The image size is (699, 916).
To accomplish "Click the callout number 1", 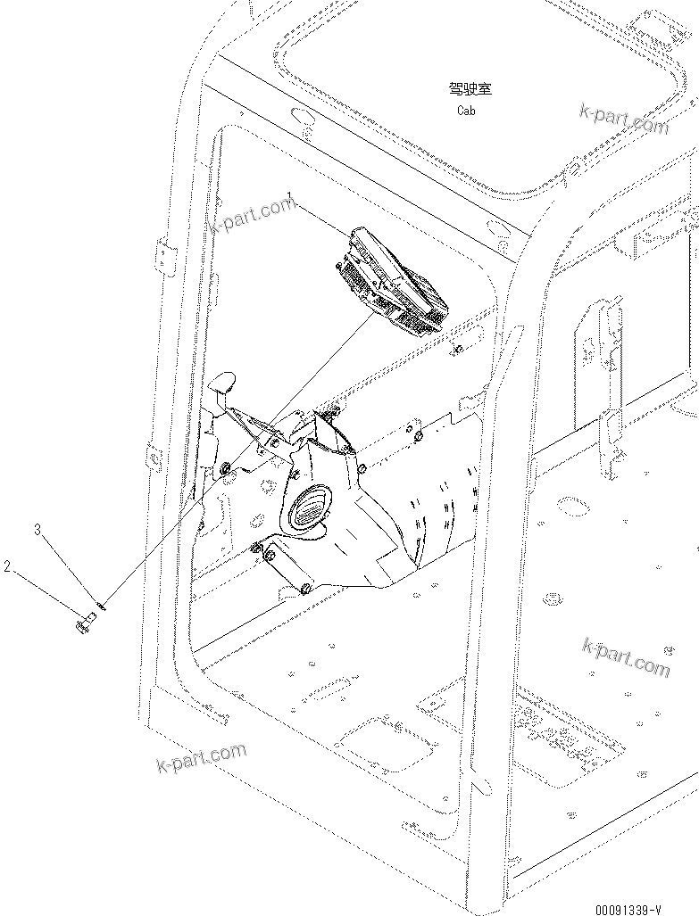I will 289,194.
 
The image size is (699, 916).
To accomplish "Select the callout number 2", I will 7,565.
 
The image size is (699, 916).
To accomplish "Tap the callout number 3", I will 37,530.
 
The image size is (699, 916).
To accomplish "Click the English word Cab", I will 466,111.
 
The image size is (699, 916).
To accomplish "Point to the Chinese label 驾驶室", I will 470,89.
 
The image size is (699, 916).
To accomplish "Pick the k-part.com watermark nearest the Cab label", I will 623,119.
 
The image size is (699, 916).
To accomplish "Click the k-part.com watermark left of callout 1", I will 252,213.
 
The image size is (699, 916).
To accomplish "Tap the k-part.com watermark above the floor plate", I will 625,657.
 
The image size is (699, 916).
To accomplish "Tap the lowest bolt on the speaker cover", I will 304,588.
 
